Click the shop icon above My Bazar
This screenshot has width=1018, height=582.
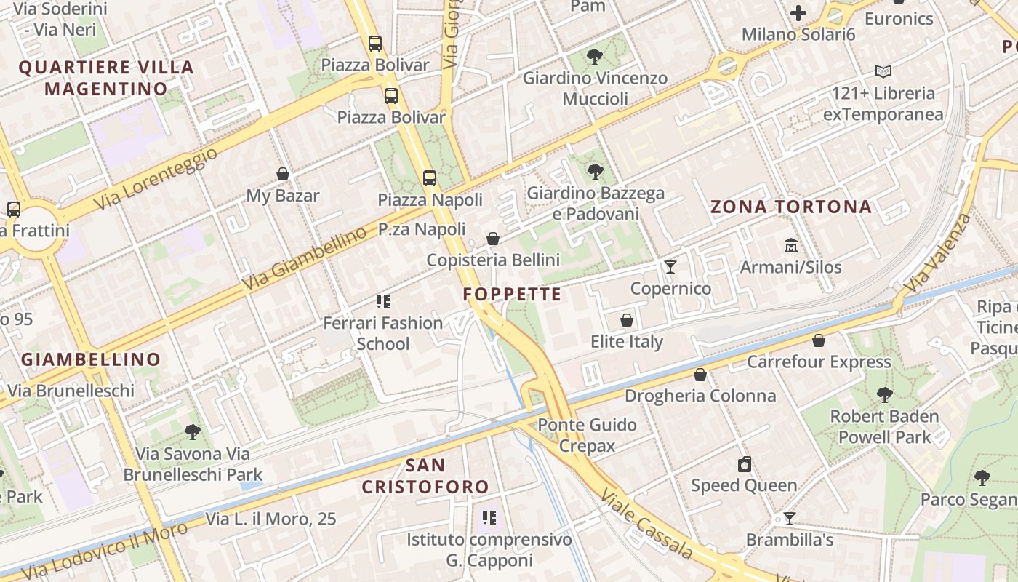pos(283,174)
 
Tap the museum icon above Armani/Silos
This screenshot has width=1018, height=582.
pos(790,246)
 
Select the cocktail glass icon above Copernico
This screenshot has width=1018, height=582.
pos(670,267)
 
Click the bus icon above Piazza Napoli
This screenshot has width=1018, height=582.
pos(430,178)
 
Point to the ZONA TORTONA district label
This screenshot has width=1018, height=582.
pos(791,207)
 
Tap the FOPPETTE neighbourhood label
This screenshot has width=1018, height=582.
pos(512,294)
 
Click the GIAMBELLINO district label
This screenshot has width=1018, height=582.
pos(91,359)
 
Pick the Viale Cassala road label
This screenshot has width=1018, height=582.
pos(645,522)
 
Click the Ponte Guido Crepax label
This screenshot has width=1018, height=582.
pos(588,435)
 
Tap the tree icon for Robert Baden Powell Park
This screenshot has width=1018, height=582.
pos(884,395)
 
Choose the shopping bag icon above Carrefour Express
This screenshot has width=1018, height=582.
pos(819,340)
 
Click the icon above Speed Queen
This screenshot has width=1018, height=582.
pos(744,464)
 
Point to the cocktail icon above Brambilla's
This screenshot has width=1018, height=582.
pos(789,519)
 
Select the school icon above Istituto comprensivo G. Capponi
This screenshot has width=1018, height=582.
pos(489,518)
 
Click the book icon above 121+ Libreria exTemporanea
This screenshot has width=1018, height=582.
pos(883,71)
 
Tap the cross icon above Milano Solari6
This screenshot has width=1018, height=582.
pos(798,13)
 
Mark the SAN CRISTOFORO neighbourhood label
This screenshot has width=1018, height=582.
pos(425,476)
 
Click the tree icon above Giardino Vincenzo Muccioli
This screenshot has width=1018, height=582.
pos(595,56)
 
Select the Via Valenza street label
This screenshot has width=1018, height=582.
pos(939,251)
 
